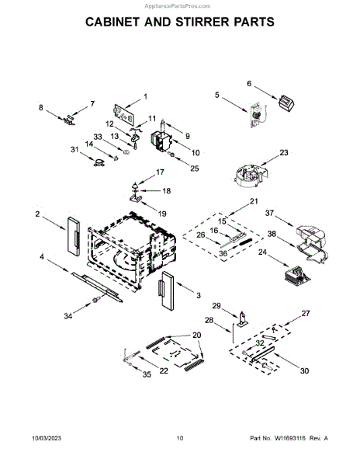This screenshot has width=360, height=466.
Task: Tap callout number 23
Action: click(284, 152)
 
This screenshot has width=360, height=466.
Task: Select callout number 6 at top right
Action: click(249, 84)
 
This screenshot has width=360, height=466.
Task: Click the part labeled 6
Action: click(286, 104)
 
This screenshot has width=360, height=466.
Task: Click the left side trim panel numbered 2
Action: click(74, 236)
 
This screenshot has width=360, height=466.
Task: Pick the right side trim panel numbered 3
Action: click(168, 291)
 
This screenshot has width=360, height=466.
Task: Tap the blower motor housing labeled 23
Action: click(250, 175)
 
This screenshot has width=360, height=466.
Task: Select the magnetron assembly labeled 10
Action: click(162, 141)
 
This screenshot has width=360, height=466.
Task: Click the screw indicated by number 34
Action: click(95, 300)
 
